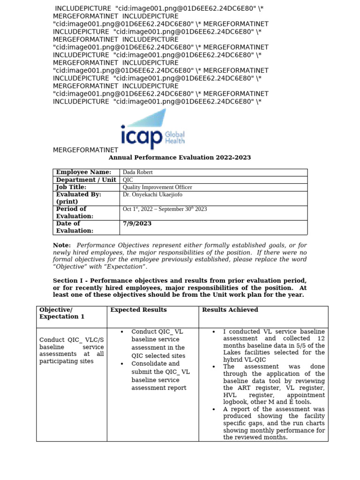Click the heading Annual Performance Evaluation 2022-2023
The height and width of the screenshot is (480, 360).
pyautogui.click(x=180, y=157)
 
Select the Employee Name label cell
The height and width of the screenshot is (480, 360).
pyautogui.click(x=83, y=172)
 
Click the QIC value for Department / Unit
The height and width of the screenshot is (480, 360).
pyautogui.click(x=127, y=180)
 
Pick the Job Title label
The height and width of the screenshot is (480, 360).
pyautogui.click(x=71, y=187)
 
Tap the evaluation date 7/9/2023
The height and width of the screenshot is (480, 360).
pyautogui.click(x=137, y=224)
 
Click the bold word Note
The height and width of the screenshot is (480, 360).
pyautogui.click(x=61, y=245)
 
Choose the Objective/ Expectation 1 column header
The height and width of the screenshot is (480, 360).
pyautogui.click(x=62, y=313)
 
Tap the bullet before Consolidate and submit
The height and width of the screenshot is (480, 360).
pyautogui.click(x=122, y=364)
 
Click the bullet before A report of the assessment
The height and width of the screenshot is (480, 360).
pyautogui.click(x=214, y=409)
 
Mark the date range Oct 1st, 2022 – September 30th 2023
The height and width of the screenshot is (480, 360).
pyautogui.click(x=165, y=209)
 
